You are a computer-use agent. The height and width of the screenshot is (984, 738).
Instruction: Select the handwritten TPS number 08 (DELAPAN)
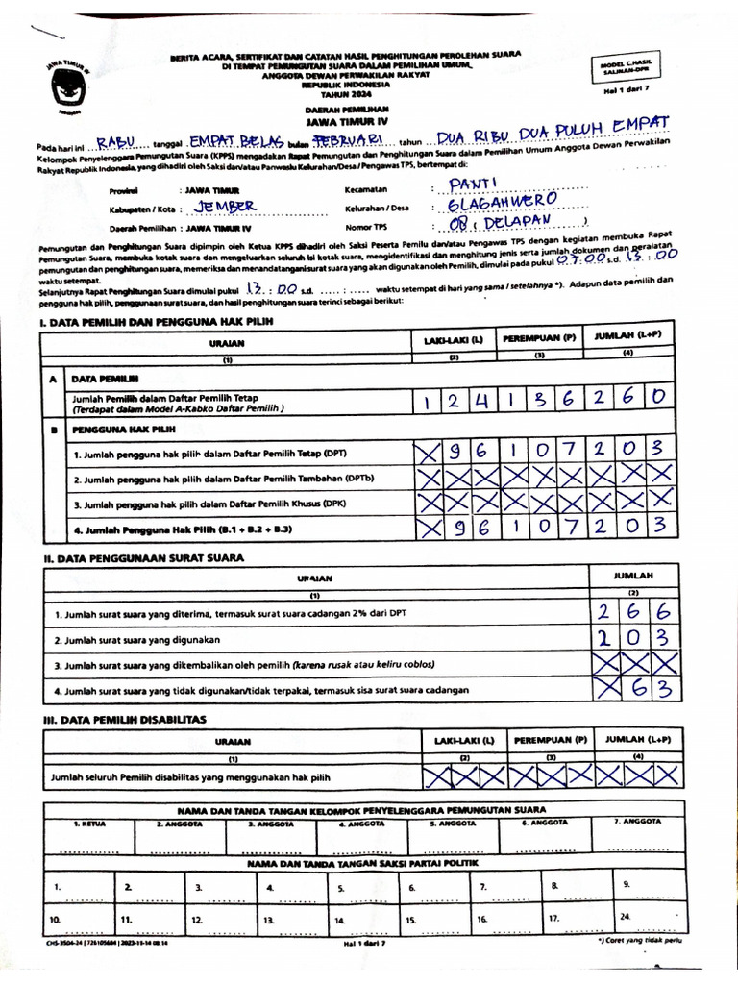click(496, 225)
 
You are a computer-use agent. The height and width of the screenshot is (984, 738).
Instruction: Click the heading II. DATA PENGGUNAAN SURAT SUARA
click(142, 557)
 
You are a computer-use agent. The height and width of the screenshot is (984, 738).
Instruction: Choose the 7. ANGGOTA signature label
click(638, 822)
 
